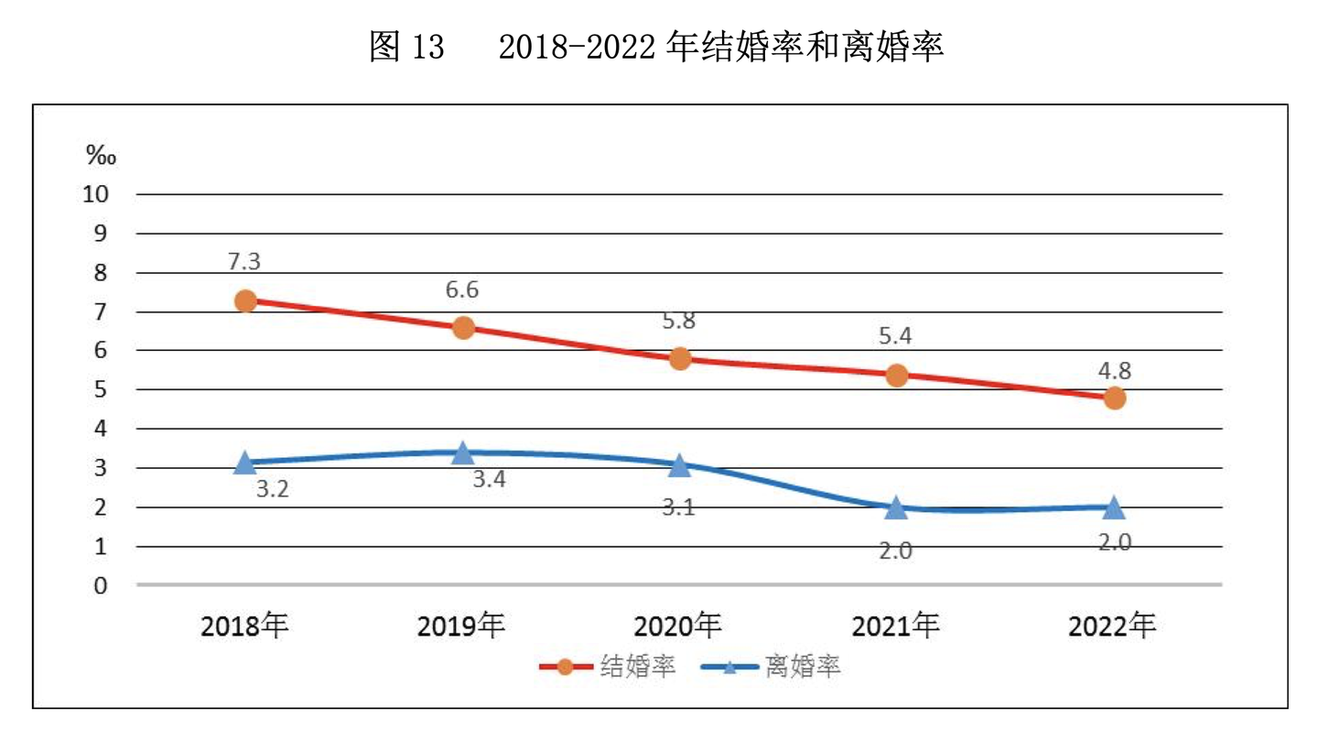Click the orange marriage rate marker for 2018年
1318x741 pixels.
pos(245,301)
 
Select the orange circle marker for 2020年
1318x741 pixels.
pos(680,358)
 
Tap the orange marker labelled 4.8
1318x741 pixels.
pos(1114,398)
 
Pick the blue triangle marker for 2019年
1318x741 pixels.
pos(463,452)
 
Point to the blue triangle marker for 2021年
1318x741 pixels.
pos(897,507)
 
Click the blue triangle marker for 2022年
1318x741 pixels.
pos(1114,507)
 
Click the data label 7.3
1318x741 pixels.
pos(244,261)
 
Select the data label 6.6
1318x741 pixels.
pos(462,289)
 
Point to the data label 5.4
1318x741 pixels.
pos(896,336)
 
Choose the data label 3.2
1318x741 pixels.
pos(272,489)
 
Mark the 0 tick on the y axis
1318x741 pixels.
pos(102,585)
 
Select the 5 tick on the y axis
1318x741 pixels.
pos(102,389)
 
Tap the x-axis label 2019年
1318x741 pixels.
pos(461,627)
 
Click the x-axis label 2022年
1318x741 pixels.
pos(1112,627)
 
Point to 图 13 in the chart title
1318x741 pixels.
pos(406,47)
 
